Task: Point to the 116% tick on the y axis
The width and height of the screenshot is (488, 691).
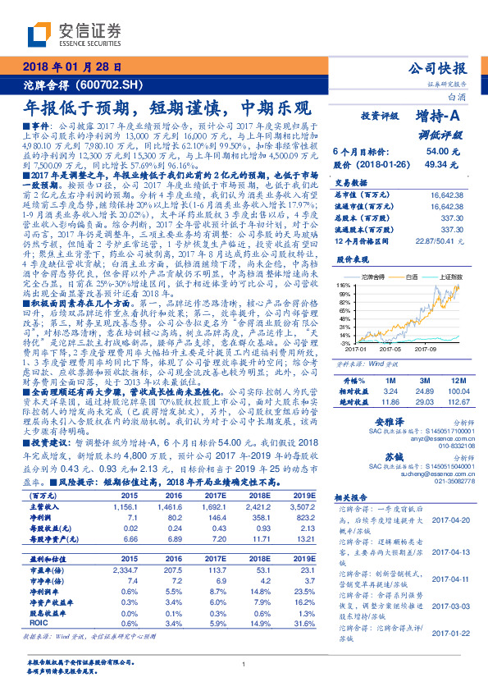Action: pos(343,283)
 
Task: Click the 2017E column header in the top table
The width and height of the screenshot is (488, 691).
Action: pos(216,495)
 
